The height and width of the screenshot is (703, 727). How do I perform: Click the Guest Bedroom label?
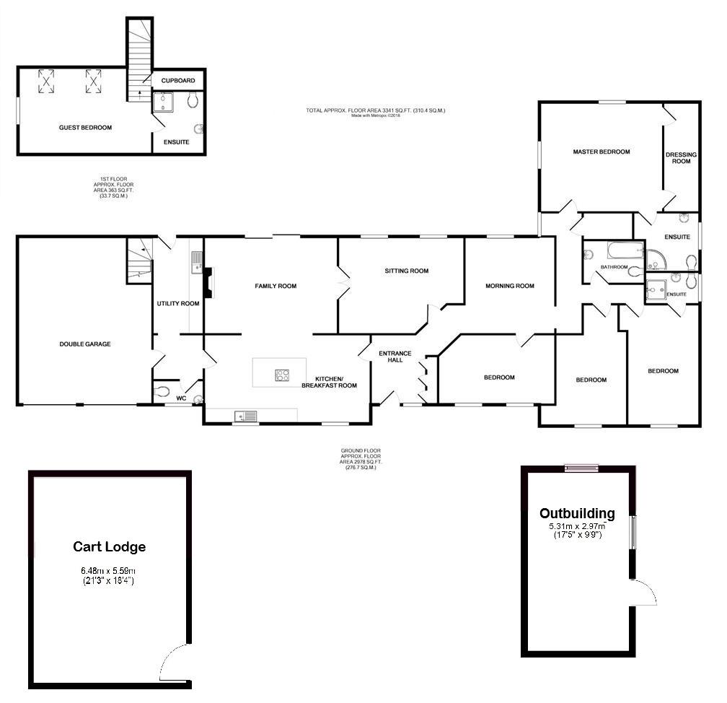(x=85, y=128)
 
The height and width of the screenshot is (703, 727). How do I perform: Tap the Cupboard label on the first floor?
(x=178, y=79)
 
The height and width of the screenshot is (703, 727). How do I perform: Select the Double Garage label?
(x=85, y=344)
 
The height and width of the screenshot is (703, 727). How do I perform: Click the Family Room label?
(x=276, y=287)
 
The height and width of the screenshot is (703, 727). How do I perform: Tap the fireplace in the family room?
(x=208, y=282)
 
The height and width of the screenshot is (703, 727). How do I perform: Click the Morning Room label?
(x=509, y=286)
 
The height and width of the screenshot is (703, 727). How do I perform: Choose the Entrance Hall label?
(x=395, y=357)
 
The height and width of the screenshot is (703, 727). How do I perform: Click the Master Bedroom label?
(x=602, y=152)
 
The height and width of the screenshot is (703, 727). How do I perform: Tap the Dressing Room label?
(x=681, y=157)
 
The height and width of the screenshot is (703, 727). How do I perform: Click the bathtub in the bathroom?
(x=625, y=251)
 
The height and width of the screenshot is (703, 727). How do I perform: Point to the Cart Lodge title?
(x=109, y=547)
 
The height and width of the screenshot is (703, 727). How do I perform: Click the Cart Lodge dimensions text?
(x=108, y=576)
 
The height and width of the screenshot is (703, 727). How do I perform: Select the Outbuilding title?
(x=577, y=514)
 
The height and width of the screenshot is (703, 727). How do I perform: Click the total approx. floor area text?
(x=375, y=110)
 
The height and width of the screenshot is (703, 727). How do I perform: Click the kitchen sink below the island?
(x=245, y=416)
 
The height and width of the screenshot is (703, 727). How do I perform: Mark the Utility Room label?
(x=178, y=304)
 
